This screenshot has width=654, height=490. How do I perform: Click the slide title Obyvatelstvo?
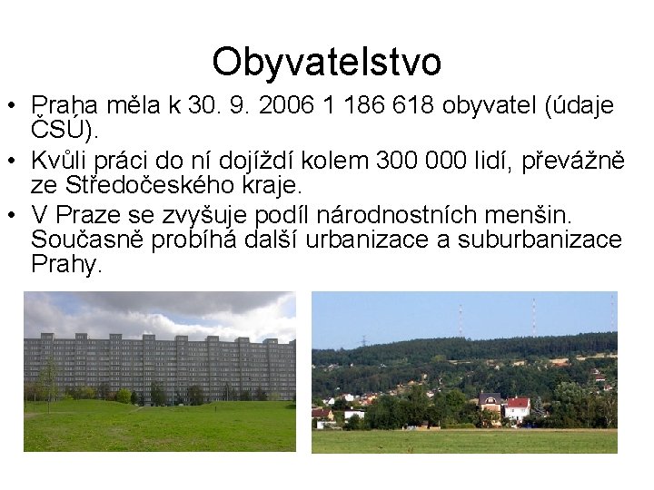327,62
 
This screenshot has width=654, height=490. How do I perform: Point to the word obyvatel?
492,106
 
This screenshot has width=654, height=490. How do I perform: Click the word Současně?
83,240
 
